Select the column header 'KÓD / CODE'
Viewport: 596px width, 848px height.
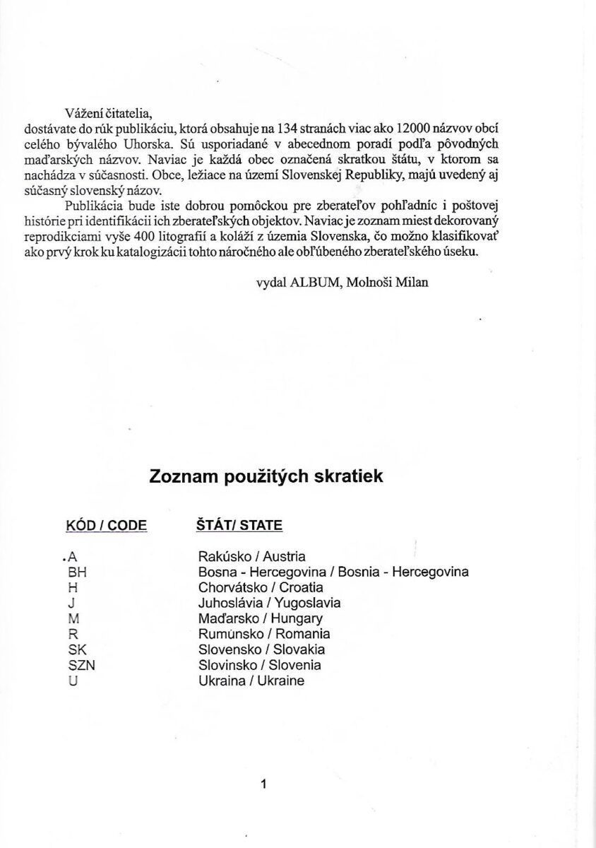click(x=106, y=525)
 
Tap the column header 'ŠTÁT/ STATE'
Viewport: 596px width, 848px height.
click(x=239, y=525)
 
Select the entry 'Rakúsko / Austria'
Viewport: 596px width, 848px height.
click(x=252, y=556)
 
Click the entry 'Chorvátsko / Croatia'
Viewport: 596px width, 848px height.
click(x=261, y=587)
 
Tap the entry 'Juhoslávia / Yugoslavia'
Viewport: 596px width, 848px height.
click(x=269, y=603)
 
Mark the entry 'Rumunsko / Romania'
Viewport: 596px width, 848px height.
click(x=264, y=634)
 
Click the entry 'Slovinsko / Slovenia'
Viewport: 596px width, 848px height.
click(x=260, y=665)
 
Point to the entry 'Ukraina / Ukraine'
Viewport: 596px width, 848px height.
click(x=251, y=681)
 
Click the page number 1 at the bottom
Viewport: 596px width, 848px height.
click(x=263, y=783)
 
